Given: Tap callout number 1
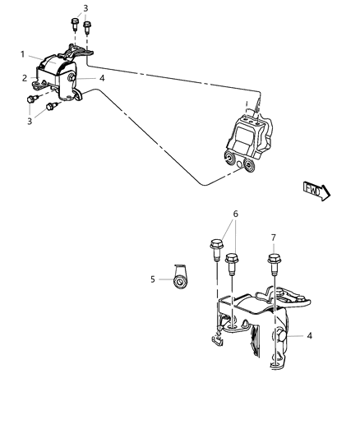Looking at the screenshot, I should pos(23,54).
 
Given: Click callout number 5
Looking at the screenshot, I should pos(154,279).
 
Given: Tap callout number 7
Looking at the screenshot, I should pos(275,238).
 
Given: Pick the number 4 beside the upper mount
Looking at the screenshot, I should pos(102,78).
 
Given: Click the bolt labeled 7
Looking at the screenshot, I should pos(273,267).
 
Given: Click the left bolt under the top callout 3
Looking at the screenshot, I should pos(73,24).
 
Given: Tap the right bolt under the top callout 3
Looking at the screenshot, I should pos(86,28).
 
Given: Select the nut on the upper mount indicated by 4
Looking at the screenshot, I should pos(73,79).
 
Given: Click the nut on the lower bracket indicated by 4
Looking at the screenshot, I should pos(282,335).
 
